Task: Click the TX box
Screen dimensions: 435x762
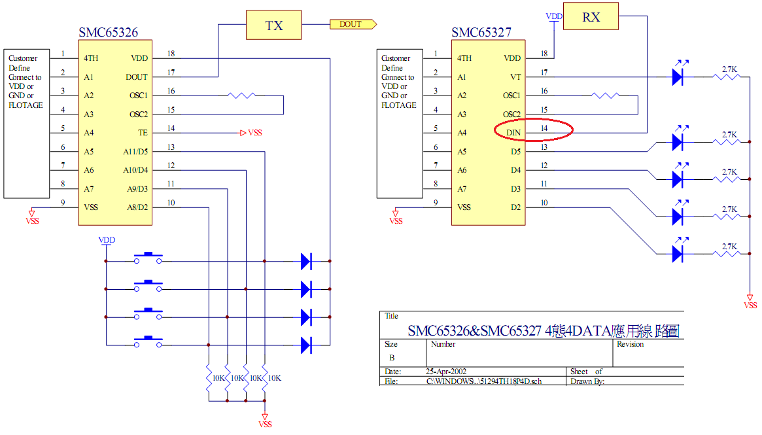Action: (274, 25)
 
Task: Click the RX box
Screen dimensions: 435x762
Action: (591, 17)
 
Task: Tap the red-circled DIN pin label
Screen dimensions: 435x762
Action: (514, 133)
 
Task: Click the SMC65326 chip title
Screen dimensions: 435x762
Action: (109, 32)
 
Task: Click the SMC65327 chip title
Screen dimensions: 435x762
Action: (481, 32)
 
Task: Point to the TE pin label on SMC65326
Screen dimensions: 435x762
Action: (143, 133)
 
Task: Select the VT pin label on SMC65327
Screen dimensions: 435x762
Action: (515, 77)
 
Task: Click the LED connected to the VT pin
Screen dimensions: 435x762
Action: (678, 77)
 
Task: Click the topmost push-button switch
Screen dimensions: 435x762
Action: (148, 258)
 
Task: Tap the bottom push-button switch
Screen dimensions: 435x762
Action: (148, 342)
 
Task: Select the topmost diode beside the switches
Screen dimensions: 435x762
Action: (306, 261)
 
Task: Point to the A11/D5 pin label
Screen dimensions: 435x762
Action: (136, 152)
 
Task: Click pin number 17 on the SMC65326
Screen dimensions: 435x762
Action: (171, 73)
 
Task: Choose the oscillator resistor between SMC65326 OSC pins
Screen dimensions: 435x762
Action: (241, 96)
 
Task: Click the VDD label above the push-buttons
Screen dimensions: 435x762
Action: (106, 240)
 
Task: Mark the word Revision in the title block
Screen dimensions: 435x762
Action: (630, 344)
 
